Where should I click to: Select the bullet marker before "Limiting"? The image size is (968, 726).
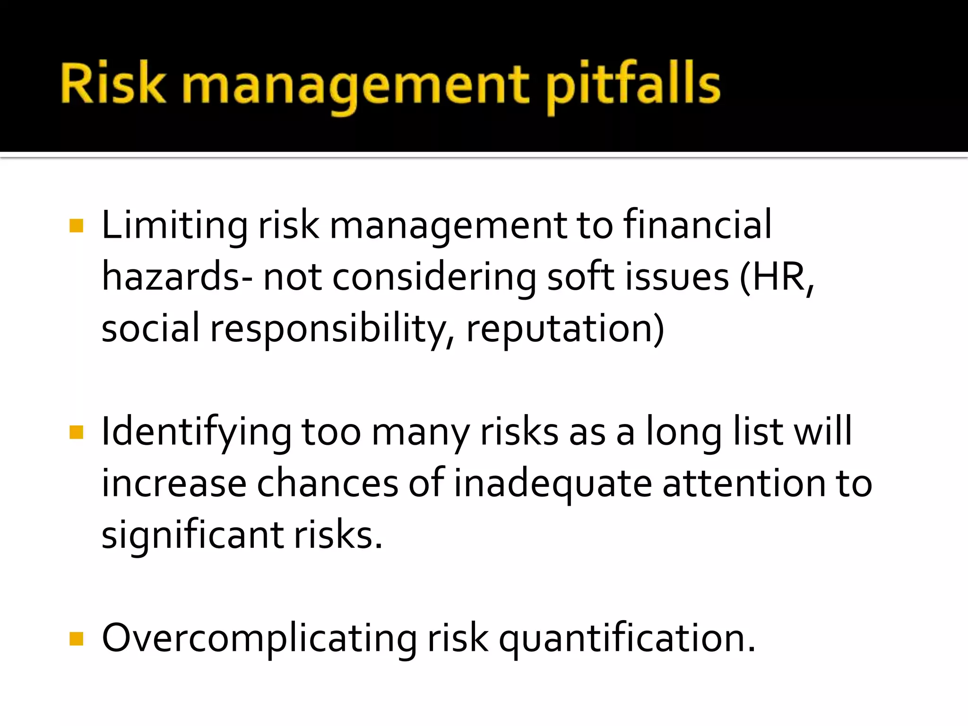click(76, 226)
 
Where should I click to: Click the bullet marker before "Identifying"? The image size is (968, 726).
click(76, 432)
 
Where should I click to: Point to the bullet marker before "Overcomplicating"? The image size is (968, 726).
click(76, 639)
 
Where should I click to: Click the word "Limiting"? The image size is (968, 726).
click(174, 225)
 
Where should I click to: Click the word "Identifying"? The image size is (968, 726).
click(197, 432)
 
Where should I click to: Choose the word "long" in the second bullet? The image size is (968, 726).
click(684, 432)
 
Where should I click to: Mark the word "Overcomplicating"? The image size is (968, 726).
click(259, 639)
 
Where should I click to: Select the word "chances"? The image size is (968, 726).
click(328, 483)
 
